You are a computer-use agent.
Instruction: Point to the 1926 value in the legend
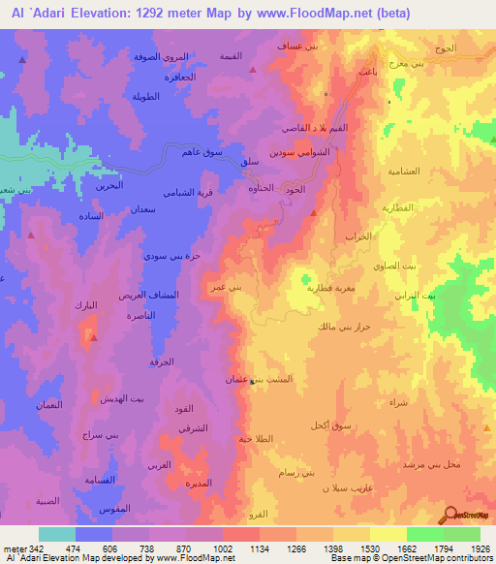[479, 548]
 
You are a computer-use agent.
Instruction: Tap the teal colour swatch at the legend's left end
[56, 534]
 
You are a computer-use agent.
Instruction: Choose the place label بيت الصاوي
[395, 266]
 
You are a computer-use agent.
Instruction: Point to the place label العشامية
[400, 171]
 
